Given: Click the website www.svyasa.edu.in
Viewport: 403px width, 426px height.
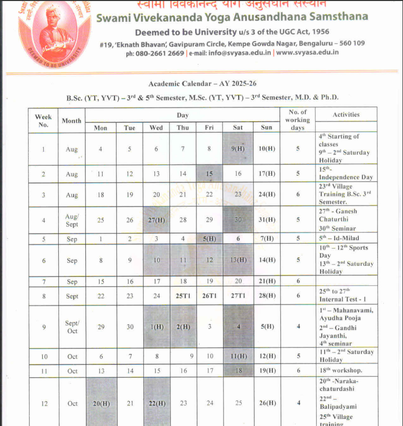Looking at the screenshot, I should coord(307,52).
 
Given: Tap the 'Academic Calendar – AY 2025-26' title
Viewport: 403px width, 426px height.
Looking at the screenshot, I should coord(202,83).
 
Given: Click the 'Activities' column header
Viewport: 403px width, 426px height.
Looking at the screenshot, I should coord(346,115).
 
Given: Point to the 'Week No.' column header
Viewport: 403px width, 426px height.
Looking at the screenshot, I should coord(43,121).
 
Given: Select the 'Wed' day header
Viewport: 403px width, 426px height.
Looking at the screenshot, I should coord(156,128).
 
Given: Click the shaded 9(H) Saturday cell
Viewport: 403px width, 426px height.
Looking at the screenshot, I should coord(238,149).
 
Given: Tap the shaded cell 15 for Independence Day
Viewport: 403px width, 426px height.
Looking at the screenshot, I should coord(209,174).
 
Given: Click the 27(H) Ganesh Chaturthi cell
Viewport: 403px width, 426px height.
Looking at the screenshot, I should coord(156,220).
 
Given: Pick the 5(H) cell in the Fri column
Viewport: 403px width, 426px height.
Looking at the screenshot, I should coord(209,239).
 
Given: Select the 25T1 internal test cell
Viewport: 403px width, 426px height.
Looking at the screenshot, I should coord(183,296).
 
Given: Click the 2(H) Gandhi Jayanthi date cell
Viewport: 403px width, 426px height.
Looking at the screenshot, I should coord(183,327).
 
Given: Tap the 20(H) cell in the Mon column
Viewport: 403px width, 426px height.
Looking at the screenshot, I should coord(100,403).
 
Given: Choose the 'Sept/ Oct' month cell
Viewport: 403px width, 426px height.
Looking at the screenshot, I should coord(72,327).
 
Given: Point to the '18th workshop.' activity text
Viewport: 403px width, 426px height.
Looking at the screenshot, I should coord(340,371).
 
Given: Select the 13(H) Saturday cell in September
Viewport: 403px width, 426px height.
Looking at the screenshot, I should coord(238,260).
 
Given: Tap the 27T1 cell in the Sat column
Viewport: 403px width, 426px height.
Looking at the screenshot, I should coord(238,296).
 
